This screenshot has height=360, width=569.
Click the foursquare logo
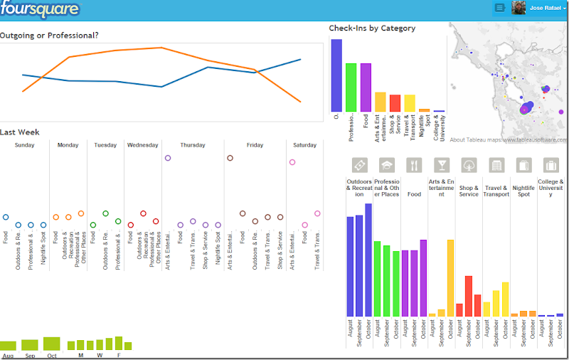[40, 9]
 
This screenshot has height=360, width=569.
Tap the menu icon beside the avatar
[499, 8]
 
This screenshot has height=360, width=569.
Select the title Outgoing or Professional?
[49, 35]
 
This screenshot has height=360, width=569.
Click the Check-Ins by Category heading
[372, 28]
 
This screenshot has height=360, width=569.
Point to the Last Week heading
[20, 132]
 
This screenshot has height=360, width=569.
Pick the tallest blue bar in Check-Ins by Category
[336, 75]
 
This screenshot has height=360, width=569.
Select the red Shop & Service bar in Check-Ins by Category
[395, 102]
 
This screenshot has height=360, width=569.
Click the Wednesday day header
[142, 145]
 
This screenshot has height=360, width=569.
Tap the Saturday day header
[304, 145]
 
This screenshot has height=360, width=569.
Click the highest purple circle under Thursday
[168, 158]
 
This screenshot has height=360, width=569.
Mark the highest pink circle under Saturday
[292, 162]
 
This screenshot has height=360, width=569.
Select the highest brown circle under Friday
[230, 158]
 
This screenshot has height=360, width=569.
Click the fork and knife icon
[414, 165]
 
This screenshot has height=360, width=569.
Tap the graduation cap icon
[387, 165]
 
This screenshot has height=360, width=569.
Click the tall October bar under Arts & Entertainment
[450, 277]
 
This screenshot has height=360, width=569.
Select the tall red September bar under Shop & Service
[469, 296]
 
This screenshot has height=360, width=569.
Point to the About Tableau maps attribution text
[509, 140]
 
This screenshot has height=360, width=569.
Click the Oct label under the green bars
[51, 356]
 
